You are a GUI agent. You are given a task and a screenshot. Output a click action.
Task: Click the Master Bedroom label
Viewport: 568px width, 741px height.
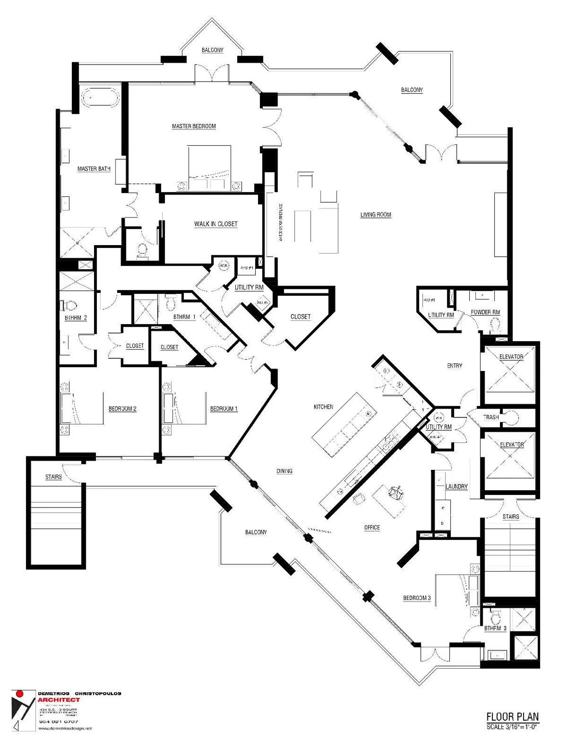pos(194,126)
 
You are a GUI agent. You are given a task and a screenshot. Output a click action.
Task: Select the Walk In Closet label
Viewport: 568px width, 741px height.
pos(216,224)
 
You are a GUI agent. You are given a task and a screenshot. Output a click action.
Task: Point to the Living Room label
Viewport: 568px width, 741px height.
pos(376,215)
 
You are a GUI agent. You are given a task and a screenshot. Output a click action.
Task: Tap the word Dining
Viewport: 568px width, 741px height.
pos(284,471)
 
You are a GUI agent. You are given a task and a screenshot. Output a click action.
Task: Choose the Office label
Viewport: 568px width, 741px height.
pos(372,527)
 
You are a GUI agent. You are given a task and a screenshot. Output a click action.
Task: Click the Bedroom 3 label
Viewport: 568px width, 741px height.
pos(417,598)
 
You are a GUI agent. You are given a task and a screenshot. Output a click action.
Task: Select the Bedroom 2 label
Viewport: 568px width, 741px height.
pos(122,409)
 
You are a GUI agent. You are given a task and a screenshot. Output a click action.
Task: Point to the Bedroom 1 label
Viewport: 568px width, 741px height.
pos(224,409)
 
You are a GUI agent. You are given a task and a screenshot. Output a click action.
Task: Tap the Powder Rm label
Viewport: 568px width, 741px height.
pos(485,312)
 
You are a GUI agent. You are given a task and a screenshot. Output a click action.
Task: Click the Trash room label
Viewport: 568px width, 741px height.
pos(491,417)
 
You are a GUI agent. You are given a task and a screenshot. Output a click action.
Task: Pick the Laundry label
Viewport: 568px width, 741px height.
pos(456,486)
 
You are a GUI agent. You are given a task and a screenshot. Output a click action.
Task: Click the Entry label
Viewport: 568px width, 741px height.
pos(454,366)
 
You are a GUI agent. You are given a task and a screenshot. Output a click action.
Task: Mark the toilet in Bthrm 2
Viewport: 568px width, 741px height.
pos(68,306)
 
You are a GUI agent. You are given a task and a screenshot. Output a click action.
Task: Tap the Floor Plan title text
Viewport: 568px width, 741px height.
pos(512,717)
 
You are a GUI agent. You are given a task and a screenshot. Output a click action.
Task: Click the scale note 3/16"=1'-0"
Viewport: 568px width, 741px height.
pos(513,727)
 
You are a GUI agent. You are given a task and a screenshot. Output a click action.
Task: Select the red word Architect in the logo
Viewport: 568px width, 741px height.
pos(59,700)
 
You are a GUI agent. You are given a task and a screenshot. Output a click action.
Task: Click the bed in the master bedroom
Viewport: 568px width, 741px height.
pos(209,166)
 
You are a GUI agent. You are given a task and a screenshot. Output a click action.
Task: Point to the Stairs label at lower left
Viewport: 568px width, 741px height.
pos(54,477)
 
